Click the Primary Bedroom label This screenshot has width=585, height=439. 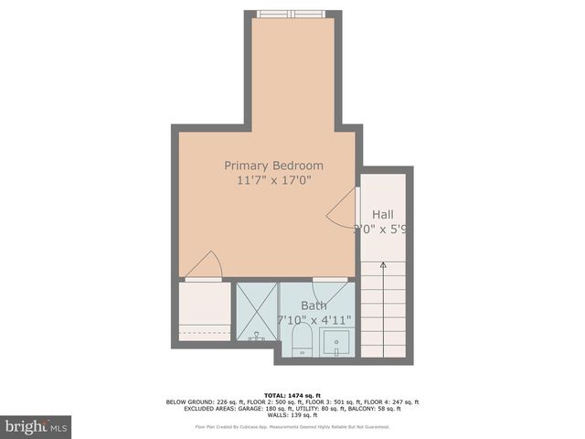(273, 166)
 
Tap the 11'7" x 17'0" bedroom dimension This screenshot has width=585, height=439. (273, 181)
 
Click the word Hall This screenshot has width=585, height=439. (382, 214)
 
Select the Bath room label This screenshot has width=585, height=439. (314, 305)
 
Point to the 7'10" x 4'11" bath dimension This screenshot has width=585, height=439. (314, 320)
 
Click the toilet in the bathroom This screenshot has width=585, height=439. (302, 341)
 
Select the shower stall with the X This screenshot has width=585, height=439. (256, 312)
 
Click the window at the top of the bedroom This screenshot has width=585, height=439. (291, 14)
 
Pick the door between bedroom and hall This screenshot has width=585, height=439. (344, 211)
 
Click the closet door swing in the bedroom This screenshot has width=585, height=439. (204, 265)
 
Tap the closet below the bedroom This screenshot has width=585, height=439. (204, 311)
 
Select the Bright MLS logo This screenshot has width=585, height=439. (36, 426)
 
